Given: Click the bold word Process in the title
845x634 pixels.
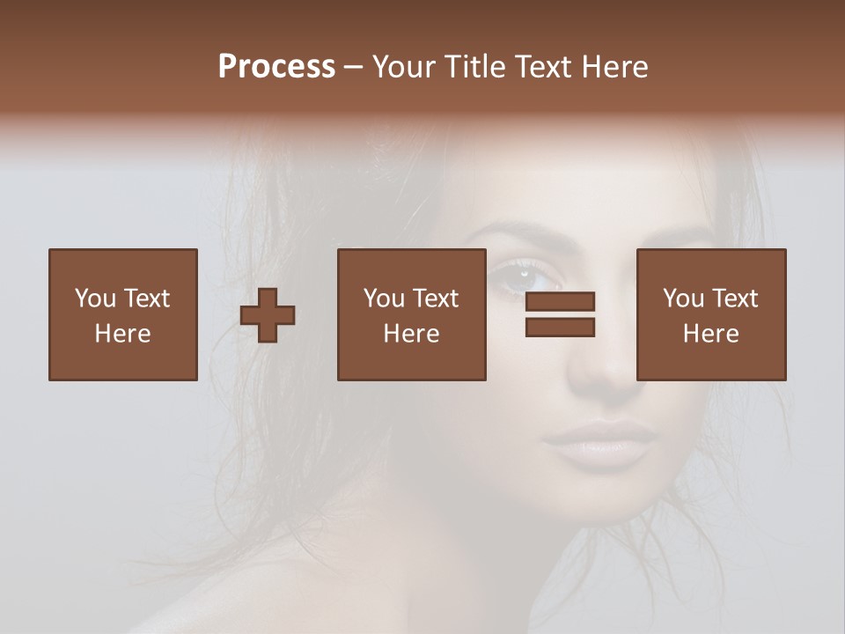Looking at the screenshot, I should tap(276, 67).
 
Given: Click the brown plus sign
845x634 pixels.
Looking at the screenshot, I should tap(268, 315).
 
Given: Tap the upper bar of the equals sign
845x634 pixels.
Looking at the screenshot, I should tap(560, 301).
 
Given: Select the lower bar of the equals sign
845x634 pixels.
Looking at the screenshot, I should tap(560, 328).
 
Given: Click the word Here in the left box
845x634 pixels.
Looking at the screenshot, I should tap(123, 334).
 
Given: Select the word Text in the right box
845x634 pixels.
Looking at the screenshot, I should tap(733, 299).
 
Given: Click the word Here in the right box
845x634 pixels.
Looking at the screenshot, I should tap(711, 334).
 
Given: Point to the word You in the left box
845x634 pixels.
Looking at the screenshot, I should tap(95, 299).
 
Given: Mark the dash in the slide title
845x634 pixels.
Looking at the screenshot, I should tap(354, 67).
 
